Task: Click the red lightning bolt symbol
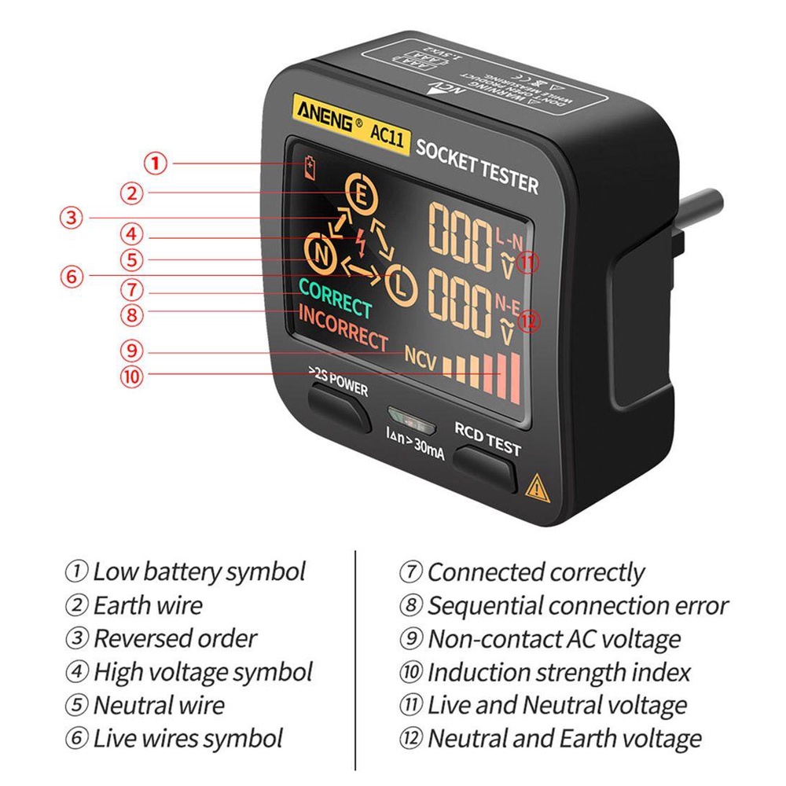(359, 240)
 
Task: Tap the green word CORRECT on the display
(335, 299)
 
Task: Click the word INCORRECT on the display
(343, 327)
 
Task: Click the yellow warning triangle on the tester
(536, 487)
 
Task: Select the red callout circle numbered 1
(156, 163)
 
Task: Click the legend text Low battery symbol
(199, 571)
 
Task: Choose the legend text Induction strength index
(559, 673)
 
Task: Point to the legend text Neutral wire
(159, 705)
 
